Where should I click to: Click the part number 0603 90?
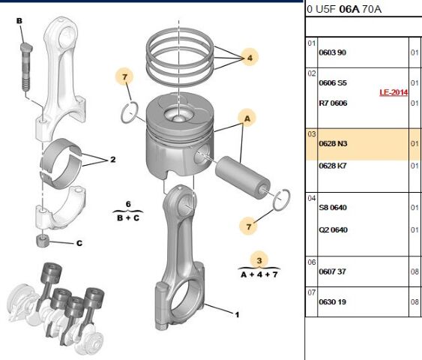333,52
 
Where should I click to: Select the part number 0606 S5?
333,82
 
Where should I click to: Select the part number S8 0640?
333,207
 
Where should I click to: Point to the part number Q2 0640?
333,229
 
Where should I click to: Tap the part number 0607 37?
333,271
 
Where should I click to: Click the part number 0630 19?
333,301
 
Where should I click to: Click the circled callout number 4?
250,56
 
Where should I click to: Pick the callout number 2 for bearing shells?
112,159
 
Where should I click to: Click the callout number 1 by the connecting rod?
237,315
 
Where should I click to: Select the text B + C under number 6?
128,218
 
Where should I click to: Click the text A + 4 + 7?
259,274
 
